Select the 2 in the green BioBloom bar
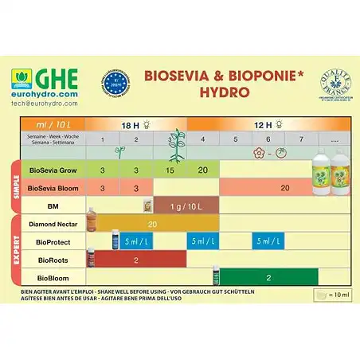click(268, 278)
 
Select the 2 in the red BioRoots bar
click(136, 260)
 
